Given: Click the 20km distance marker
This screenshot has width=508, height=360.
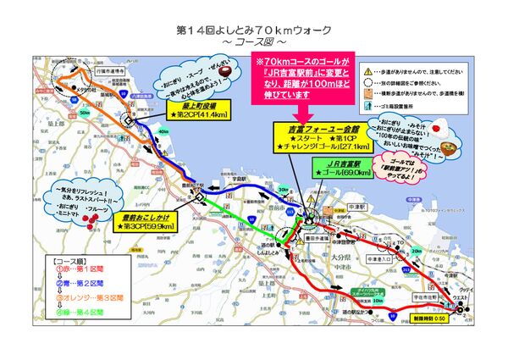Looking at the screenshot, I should [416, 250].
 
